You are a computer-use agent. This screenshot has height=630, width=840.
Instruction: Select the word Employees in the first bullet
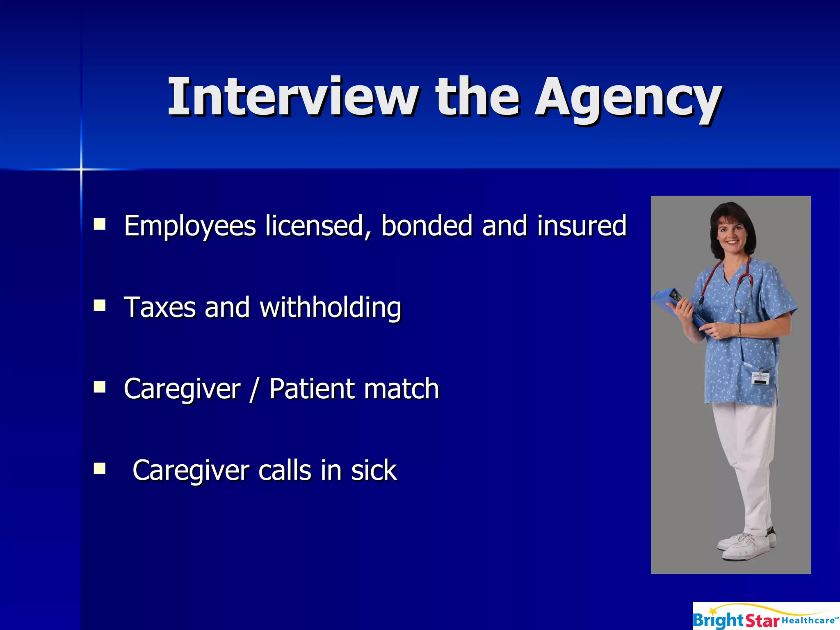coord(190,226)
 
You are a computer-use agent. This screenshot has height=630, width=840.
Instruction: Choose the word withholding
coord(330,308)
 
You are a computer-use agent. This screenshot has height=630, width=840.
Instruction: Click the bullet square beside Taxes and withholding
coord(100,306)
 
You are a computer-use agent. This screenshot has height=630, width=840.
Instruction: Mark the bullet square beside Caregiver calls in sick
coord(100,468)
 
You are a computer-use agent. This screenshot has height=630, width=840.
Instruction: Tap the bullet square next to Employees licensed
coord(100,224)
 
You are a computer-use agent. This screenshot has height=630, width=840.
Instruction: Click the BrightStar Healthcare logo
coord(766,616)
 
